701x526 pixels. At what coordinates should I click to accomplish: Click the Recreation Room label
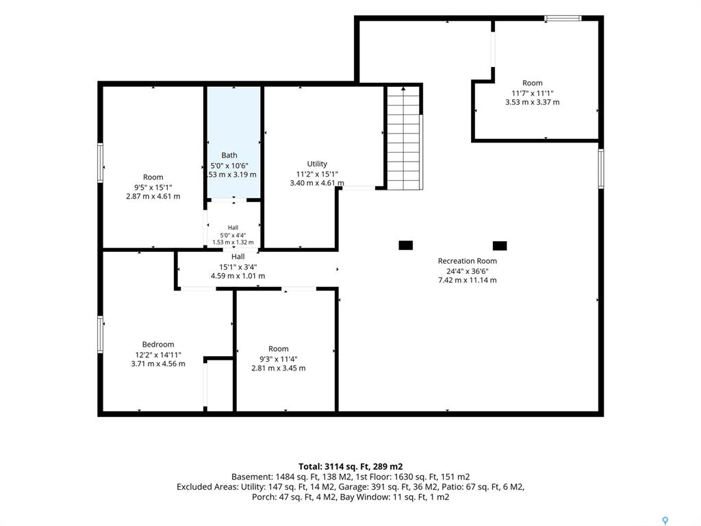point(467,261)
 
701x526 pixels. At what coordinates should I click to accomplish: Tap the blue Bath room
point(233,141)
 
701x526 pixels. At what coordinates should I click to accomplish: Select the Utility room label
point(317,164)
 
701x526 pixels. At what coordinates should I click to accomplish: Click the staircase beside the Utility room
point(404,138)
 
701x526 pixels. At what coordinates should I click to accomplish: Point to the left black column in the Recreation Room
point(405,245)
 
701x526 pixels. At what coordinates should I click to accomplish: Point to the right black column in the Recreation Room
point(500,246)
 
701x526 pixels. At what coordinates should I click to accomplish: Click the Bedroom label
point(158,345)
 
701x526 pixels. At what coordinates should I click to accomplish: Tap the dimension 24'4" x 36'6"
point(467,271)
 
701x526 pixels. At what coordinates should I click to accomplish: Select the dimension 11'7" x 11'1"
point(533,93)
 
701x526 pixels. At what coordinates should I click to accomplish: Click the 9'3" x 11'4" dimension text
point(279,359)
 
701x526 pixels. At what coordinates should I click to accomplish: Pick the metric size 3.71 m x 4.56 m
point(158,364)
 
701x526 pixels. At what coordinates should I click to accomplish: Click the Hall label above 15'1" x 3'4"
point(238,257)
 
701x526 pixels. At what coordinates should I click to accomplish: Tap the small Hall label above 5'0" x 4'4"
point(233,227)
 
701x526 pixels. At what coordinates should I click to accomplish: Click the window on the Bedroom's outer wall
point(101,334)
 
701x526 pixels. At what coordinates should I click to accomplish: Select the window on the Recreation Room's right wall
point(601,168)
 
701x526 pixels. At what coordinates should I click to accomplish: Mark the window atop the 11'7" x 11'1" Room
point(563,18)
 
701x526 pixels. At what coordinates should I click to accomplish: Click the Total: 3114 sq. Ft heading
point(350,466)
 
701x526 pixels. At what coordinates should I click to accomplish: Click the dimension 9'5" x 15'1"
point(153,188)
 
